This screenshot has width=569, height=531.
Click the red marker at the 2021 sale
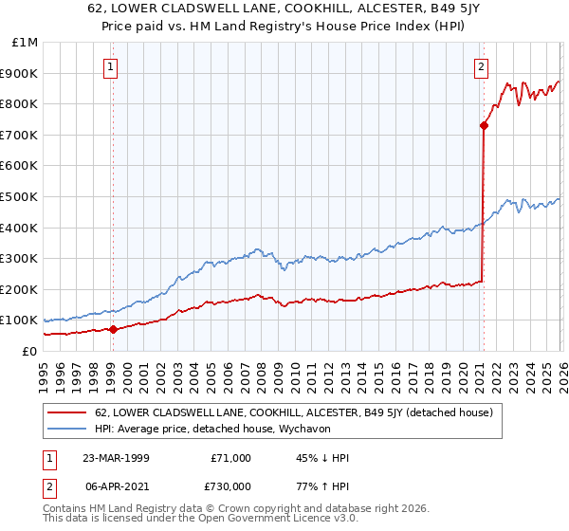point(484,125)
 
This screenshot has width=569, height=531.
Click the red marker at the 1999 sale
point(113,329)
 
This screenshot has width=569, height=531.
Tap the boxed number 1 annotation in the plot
point(112,66)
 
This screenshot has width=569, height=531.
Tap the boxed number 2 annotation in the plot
point(482,66)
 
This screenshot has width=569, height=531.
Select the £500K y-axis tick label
point(21,196)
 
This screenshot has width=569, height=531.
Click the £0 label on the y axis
point(29,351)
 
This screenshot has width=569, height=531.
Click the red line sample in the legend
point(67,412)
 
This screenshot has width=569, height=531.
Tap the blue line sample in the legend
point(67,430)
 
